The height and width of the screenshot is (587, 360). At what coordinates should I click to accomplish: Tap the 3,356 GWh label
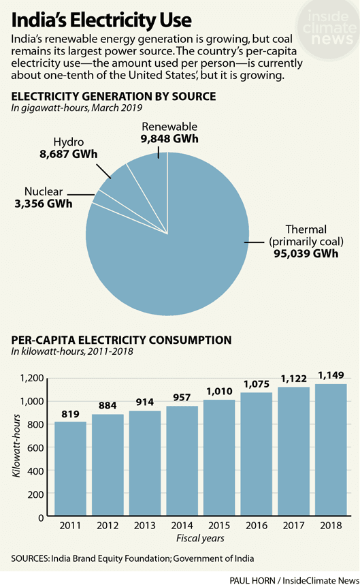39,203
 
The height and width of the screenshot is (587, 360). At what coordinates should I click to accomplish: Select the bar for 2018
330,449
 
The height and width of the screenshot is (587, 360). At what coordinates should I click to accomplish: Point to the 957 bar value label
182,396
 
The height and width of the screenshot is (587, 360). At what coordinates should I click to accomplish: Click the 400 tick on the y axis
37,471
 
